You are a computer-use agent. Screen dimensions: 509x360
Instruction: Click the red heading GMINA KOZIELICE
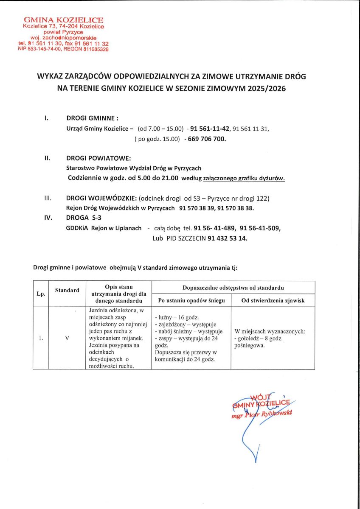pyautogui.click(x=64, y=20)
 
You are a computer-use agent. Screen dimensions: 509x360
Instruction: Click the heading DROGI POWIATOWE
pyautogui.click(x=96, y=158)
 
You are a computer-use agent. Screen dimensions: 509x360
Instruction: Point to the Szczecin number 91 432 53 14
pyautogui.click(x=227, y=238)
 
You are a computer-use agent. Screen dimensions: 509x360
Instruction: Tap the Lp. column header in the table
pyautogui.click(x=41, y=294)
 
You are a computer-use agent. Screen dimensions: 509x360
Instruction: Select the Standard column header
pyautogui.click(x=67, y=291)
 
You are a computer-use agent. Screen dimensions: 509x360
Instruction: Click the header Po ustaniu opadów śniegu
pyautogui.click(x=191, y=301)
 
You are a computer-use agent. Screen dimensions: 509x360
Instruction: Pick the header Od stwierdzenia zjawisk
pyautogui.click(x=273, y=301)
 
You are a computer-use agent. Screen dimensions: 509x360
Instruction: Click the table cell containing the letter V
pyautogui.click(x=67, y=338)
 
